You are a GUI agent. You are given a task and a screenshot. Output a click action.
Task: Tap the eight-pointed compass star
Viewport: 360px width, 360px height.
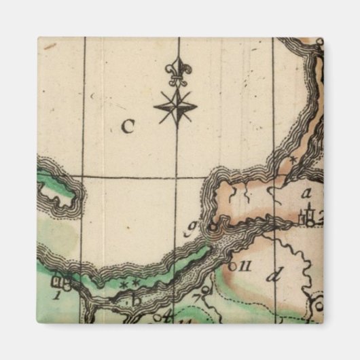(175, 107)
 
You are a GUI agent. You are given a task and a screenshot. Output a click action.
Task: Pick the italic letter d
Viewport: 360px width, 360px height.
(274, 276)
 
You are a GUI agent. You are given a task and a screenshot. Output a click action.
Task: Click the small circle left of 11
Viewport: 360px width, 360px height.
(232, 266)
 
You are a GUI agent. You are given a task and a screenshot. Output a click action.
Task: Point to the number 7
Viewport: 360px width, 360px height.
(196, 297)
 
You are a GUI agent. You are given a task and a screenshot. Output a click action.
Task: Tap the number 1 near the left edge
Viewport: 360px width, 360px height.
(58, 294)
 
